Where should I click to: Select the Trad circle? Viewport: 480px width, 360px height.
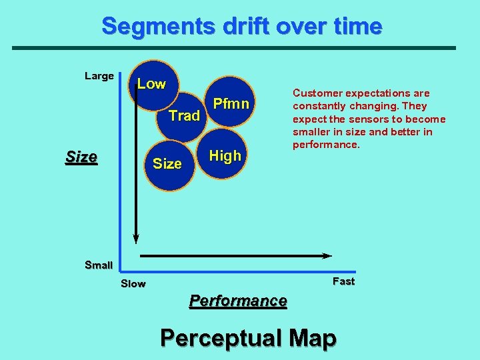tap(183, 117)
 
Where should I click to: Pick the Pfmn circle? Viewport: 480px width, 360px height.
tap(231, 104)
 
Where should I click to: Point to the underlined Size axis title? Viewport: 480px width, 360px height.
tap(81, 158)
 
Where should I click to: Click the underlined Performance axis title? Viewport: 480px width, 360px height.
tap(238, 301)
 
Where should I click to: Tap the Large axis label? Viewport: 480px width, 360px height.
tap(99, 76)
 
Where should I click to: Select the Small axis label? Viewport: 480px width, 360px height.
tap(99, 265)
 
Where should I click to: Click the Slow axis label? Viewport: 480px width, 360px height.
tap(133, 284)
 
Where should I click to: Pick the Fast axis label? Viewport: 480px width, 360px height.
tap(343, 281)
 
